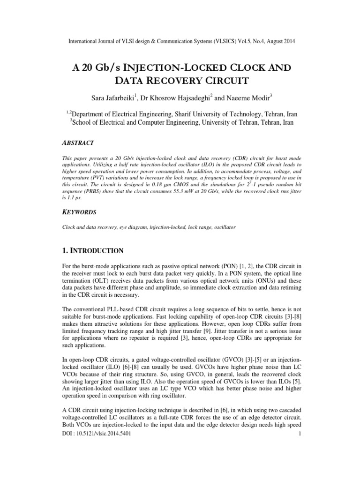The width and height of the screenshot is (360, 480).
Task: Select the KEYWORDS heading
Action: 81,212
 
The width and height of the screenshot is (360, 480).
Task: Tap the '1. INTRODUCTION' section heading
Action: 93,250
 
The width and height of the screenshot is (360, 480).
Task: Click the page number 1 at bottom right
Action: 299,434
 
